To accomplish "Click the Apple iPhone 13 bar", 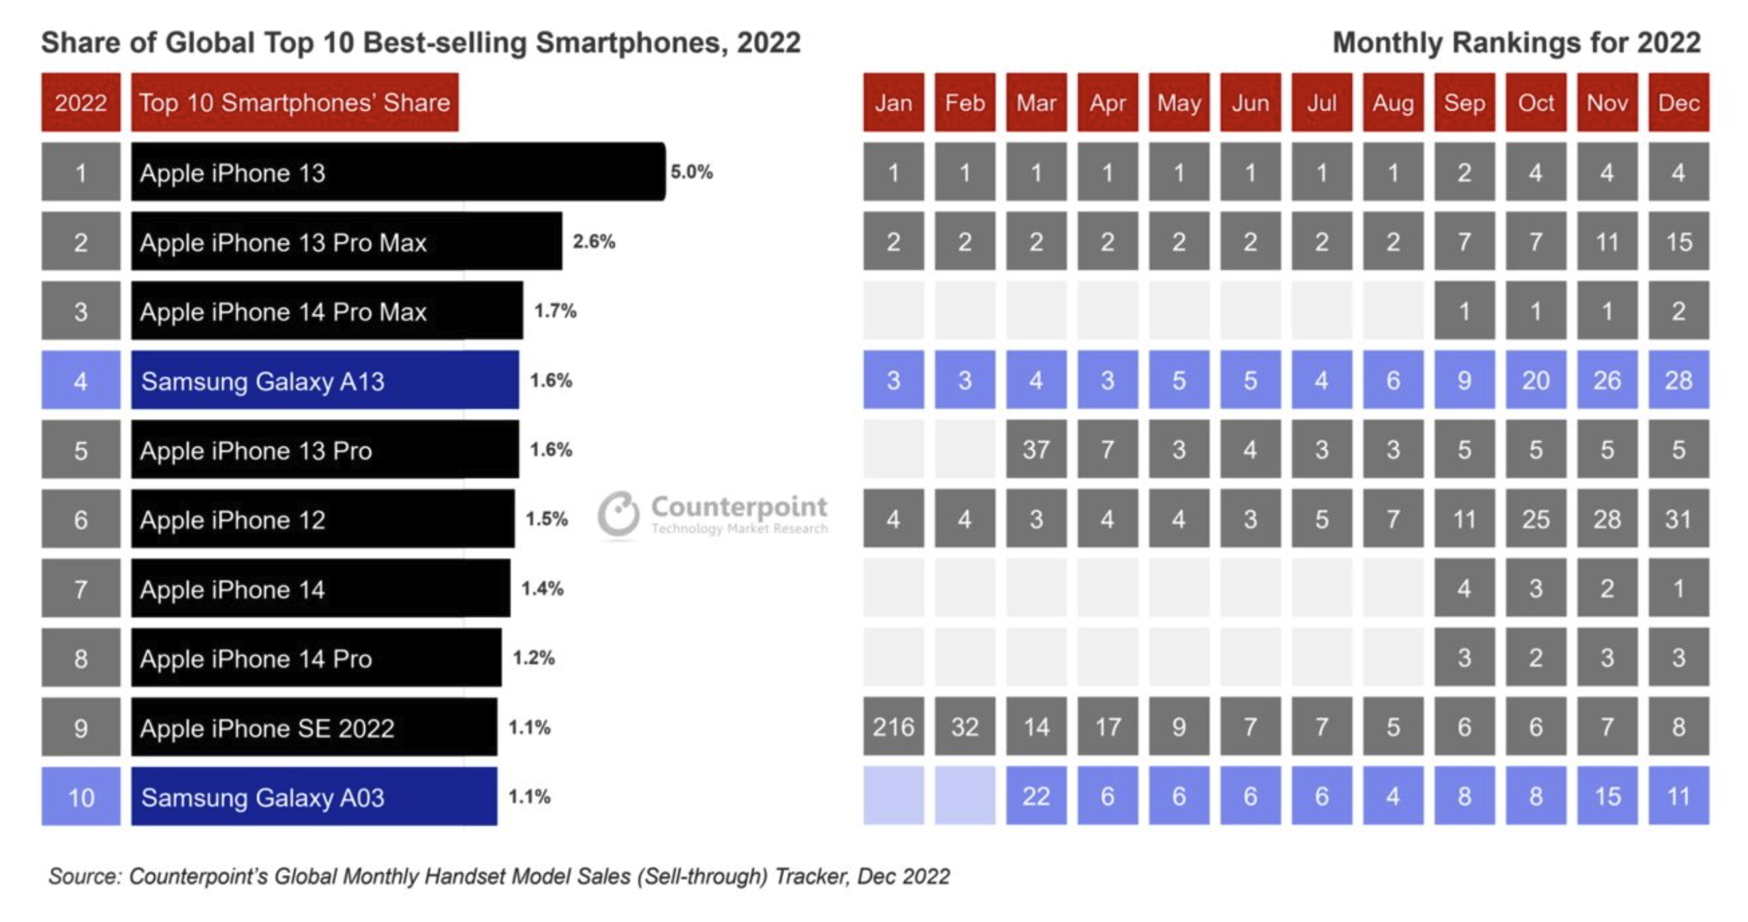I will (x=397, y=172).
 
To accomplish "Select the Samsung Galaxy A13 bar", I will (x=325, y=380).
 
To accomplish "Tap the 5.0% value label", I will (x=691, y=172).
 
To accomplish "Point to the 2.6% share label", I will (x=594, y=241).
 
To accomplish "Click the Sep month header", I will (x=1464, y=102).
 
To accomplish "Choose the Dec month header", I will (x=1678, y=102).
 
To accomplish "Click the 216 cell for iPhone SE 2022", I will (x=893, y=727).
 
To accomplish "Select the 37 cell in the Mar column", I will (x=1036, y=449).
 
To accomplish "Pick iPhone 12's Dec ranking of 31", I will (x=1678, y=519).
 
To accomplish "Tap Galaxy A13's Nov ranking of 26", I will (x=1606, y=380).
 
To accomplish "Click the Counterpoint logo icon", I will (x=618, y=514).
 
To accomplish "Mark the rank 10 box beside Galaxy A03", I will (x=80, y=797).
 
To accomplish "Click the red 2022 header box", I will (x=80, y=102).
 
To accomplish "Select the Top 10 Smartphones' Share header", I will (x=295, y=102).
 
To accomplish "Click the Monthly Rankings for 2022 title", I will (x=1516, y=42).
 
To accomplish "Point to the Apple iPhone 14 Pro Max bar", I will (x=327, y=311).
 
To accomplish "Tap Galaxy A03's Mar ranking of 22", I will (x=1036, y=797).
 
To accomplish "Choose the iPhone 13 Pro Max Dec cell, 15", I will (x=1678, y=241).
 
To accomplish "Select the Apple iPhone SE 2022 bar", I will (x=314, y=727).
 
